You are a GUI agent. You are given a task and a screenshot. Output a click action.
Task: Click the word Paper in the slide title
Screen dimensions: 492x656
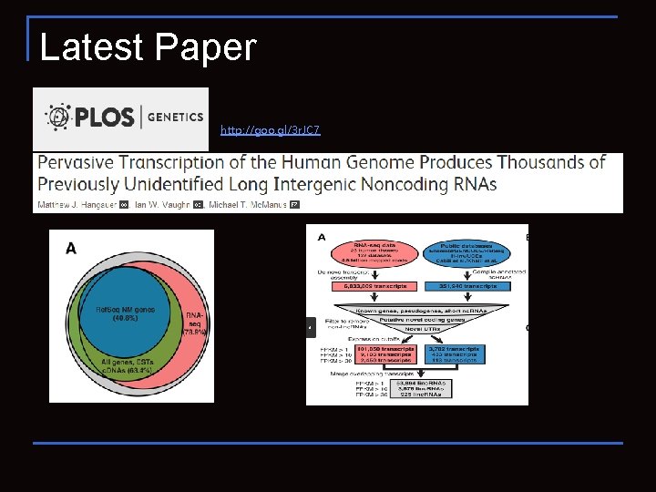[207, 47]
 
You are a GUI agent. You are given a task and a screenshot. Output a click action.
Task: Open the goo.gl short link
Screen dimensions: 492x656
[270, 131]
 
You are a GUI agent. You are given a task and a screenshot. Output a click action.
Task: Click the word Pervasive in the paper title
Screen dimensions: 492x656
[80, 163]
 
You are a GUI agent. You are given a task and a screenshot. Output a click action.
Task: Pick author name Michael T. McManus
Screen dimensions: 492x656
[241, 205]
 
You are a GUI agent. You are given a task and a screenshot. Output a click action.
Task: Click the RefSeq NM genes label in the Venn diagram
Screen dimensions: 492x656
[125, 313]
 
